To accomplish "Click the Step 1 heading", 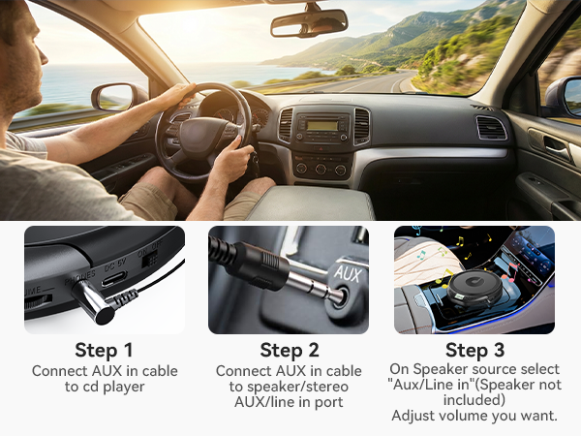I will [x=103, y=350].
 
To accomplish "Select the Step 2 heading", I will [x=289, y=351].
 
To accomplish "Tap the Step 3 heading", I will [x=474, y=350].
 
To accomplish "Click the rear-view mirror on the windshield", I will [x=308, y=23].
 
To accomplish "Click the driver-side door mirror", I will [x=114, y=97].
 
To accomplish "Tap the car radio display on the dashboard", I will [x=323, y=126].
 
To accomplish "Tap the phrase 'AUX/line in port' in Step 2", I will [x=289, y=402].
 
